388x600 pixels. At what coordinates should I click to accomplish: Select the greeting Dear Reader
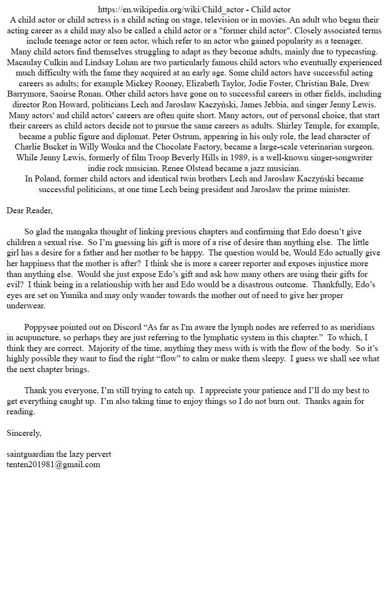click(29, 210)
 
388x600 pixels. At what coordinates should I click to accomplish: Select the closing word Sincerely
click(24, 433)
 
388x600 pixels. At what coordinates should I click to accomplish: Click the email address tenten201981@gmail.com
click(53, 464)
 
